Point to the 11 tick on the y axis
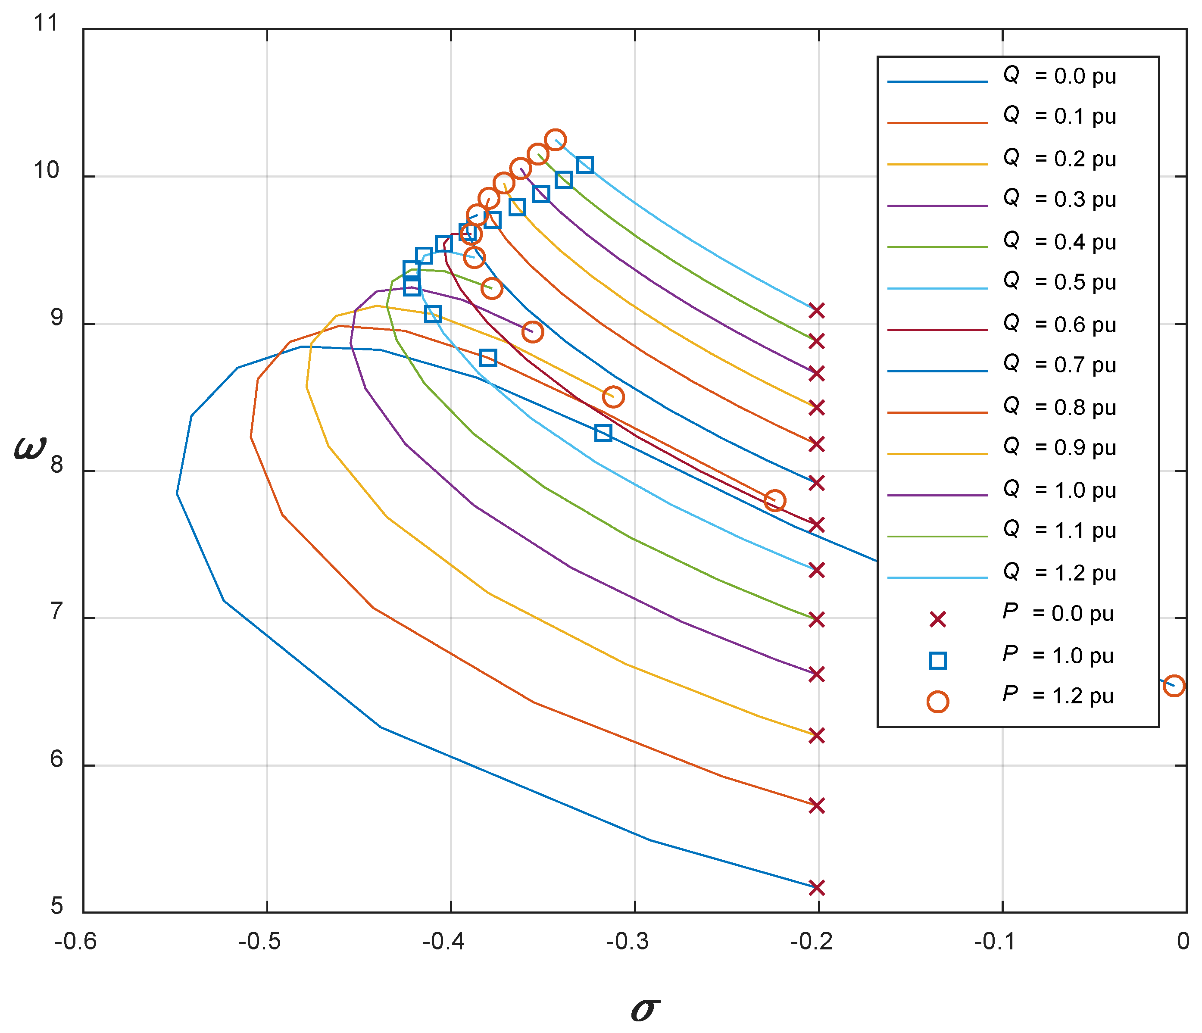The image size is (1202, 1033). point(47,23)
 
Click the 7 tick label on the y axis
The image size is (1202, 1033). point(56,612)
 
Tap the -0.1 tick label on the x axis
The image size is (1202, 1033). point(994,941)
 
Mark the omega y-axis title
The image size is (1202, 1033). point(30,448)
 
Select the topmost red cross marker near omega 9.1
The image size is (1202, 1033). point(817,311)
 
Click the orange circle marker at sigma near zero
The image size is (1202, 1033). point(1174,686)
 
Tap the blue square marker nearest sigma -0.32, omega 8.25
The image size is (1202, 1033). point(603,433)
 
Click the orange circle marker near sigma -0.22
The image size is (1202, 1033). point(775,500)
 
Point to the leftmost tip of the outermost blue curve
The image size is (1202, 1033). point(177,493)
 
